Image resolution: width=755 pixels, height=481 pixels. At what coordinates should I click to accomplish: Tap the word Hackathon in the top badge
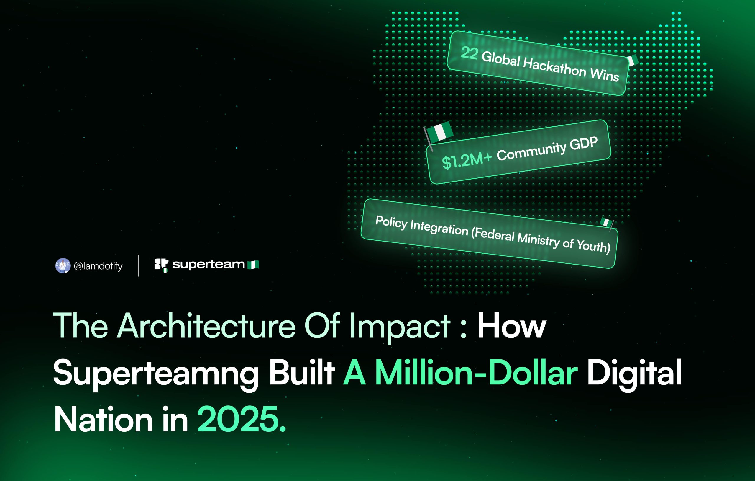555,68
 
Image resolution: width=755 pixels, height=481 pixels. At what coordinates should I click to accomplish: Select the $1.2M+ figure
467,161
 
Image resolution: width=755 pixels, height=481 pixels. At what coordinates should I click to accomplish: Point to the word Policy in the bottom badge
391,223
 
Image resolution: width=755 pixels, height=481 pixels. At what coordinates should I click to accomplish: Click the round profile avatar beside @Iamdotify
63,266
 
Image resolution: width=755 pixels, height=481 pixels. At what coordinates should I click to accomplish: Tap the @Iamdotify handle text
98,266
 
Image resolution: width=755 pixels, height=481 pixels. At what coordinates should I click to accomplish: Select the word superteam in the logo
209,264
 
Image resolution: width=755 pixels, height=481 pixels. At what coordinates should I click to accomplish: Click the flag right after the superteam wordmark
253,265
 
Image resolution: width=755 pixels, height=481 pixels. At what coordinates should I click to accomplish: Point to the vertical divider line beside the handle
138,266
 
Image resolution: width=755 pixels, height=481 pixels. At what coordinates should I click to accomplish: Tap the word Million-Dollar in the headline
461,373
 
